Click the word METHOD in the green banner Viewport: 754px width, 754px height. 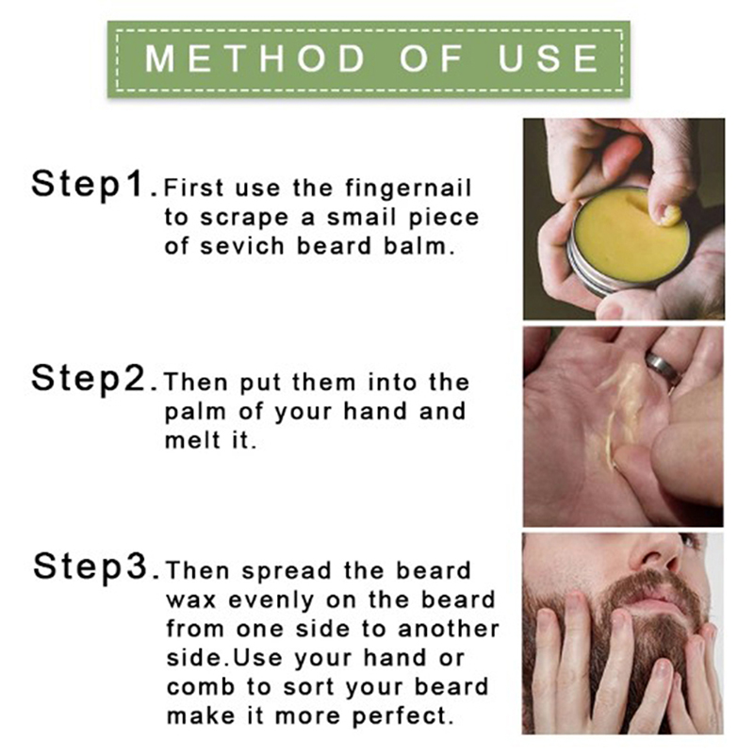255,58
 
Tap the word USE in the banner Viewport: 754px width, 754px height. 549,58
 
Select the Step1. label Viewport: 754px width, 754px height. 94,184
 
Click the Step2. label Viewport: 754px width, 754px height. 94,379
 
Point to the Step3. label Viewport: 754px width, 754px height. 96,566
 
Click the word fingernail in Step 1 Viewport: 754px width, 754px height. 409,188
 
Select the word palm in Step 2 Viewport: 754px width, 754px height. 195,413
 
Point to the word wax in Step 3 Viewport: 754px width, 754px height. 191,601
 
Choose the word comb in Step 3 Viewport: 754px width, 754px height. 200,687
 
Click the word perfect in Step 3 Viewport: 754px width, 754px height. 403,716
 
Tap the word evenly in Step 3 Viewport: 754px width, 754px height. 271,601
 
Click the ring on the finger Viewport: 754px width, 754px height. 662,367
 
